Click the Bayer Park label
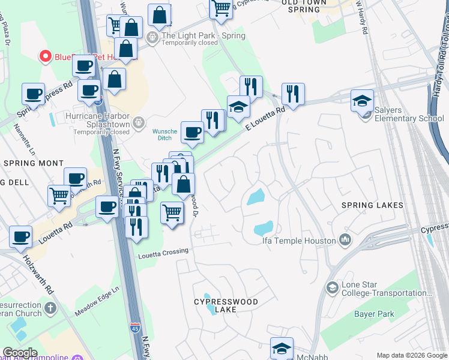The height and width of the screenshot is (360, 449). tap(374, 314)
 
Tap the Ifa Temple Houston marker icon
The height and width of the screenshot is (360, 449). tap(345, 241)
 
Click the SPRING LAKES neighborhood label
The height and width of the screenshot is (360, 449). tap(372, 205)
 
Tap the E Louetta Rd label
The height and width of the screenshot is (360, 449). tap(265, 119)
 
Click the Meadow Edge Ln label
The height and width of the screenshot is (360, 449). tap(98, 302)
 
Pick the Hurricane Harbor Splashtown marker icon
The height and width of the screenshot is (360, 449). tap(139, 122)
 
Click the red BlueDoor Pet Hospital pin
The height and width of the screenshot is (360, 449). tap(45, 56)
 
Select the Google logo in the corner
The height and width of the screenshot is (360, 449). tap(20, 353)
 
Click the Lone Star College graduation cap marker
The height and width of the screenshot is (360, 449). tap(332, 289)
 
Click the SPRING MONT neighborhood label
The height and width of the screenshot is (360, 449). tap(33, 163)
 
